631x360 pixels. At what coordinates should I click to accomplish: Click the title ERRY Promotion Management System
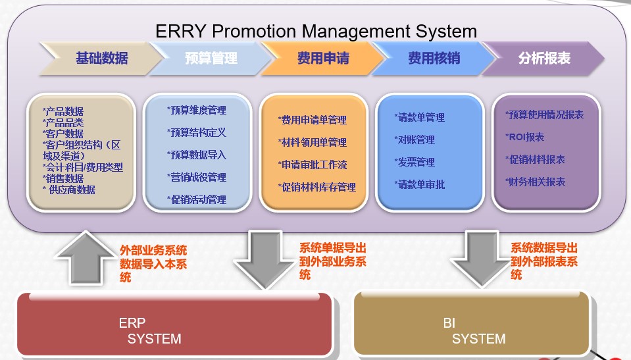pos(316,31)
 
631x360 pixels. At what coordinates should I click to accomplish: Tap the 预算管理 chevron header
pos(211,59)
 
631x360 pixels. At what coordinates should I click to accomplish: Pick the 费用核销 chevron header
pos(433,59)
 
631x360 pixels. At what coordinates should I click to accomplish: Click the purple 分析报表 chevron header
pos(543,59)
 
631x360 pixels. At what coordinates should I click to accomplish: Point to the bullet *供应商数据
pos(69,190)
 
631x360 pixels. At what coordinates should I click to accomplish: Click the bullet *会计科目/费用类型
pos(82,167)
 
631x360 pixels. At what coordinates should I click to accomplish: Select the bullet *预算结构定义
pos(196,132)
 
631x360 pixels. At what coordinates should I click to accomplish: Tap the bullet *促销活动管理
pos(196,199)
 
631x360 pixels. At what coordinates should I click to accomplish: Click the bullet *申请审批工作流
pos(313,165)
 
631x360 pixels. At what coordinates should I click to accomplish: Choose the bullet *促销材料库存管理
pos(316,188)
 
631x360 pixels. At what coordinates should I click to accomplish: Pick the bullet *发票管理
pos(415,163)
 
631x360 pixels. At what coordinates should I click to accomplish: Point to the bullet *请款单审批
pos(419,185)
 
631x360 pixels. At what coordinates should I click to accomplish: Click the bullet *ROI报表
pos(525,138)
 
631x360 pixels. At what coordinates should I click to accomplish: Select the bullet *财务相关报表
pos(535,182)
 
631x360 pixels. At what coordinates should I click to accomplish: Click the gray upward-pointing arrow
pos(86,258)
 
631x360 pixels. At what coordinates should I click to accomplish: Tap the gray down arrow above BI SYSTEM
pos(482,259)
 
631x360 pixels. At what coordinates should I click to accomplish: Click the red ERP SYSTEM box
pos(175,324)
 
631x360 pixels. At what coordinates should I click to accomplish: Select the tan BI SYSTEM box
pos(472,324)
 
